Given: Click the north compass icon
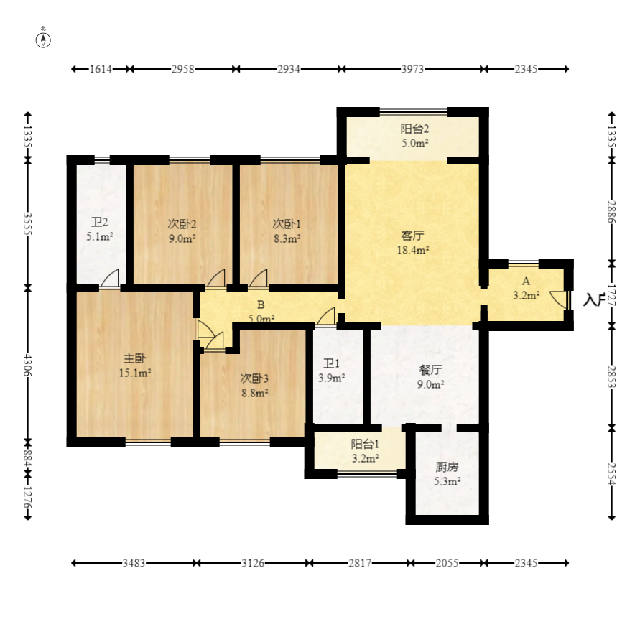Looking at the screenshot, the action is coord(43,39).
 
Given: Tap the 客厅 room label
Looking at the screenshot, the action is coord(412,236).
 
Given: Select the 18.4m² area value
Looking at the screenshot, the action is coord(412,250).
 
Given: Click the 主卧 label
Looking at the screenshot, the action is coord(134,358).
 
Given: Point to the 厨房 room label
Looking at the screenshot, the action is coord(447,467).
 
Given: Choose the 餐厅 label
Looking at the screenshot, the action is coord(430,370).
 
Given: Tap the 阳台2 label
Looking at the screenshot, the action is coord(414,129).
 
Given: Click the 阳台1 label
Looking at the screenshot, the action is coord(365,444).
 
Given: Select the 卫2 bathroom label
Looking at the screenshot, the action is coord(99,223).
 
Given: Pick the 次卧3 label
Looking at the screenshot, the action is coord(254,378).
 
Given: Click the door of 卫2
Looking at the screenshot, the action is coord(110,279).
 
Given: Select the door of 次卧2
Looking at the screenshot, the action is coord(216,279).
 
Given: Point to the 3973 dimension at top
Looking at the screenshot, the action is coord(412,69).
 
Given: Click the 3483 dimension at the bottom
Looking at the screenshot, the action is coord(134,563).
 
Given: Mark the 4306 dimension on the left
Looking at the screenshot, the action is coord(28,365).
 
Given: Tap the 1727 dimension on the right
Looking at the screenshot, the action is coord(611,295).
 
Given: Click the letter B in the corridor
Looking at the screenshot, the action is coord(261,305).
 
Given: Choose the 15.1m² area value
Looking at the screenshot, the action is coord(135,373).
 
